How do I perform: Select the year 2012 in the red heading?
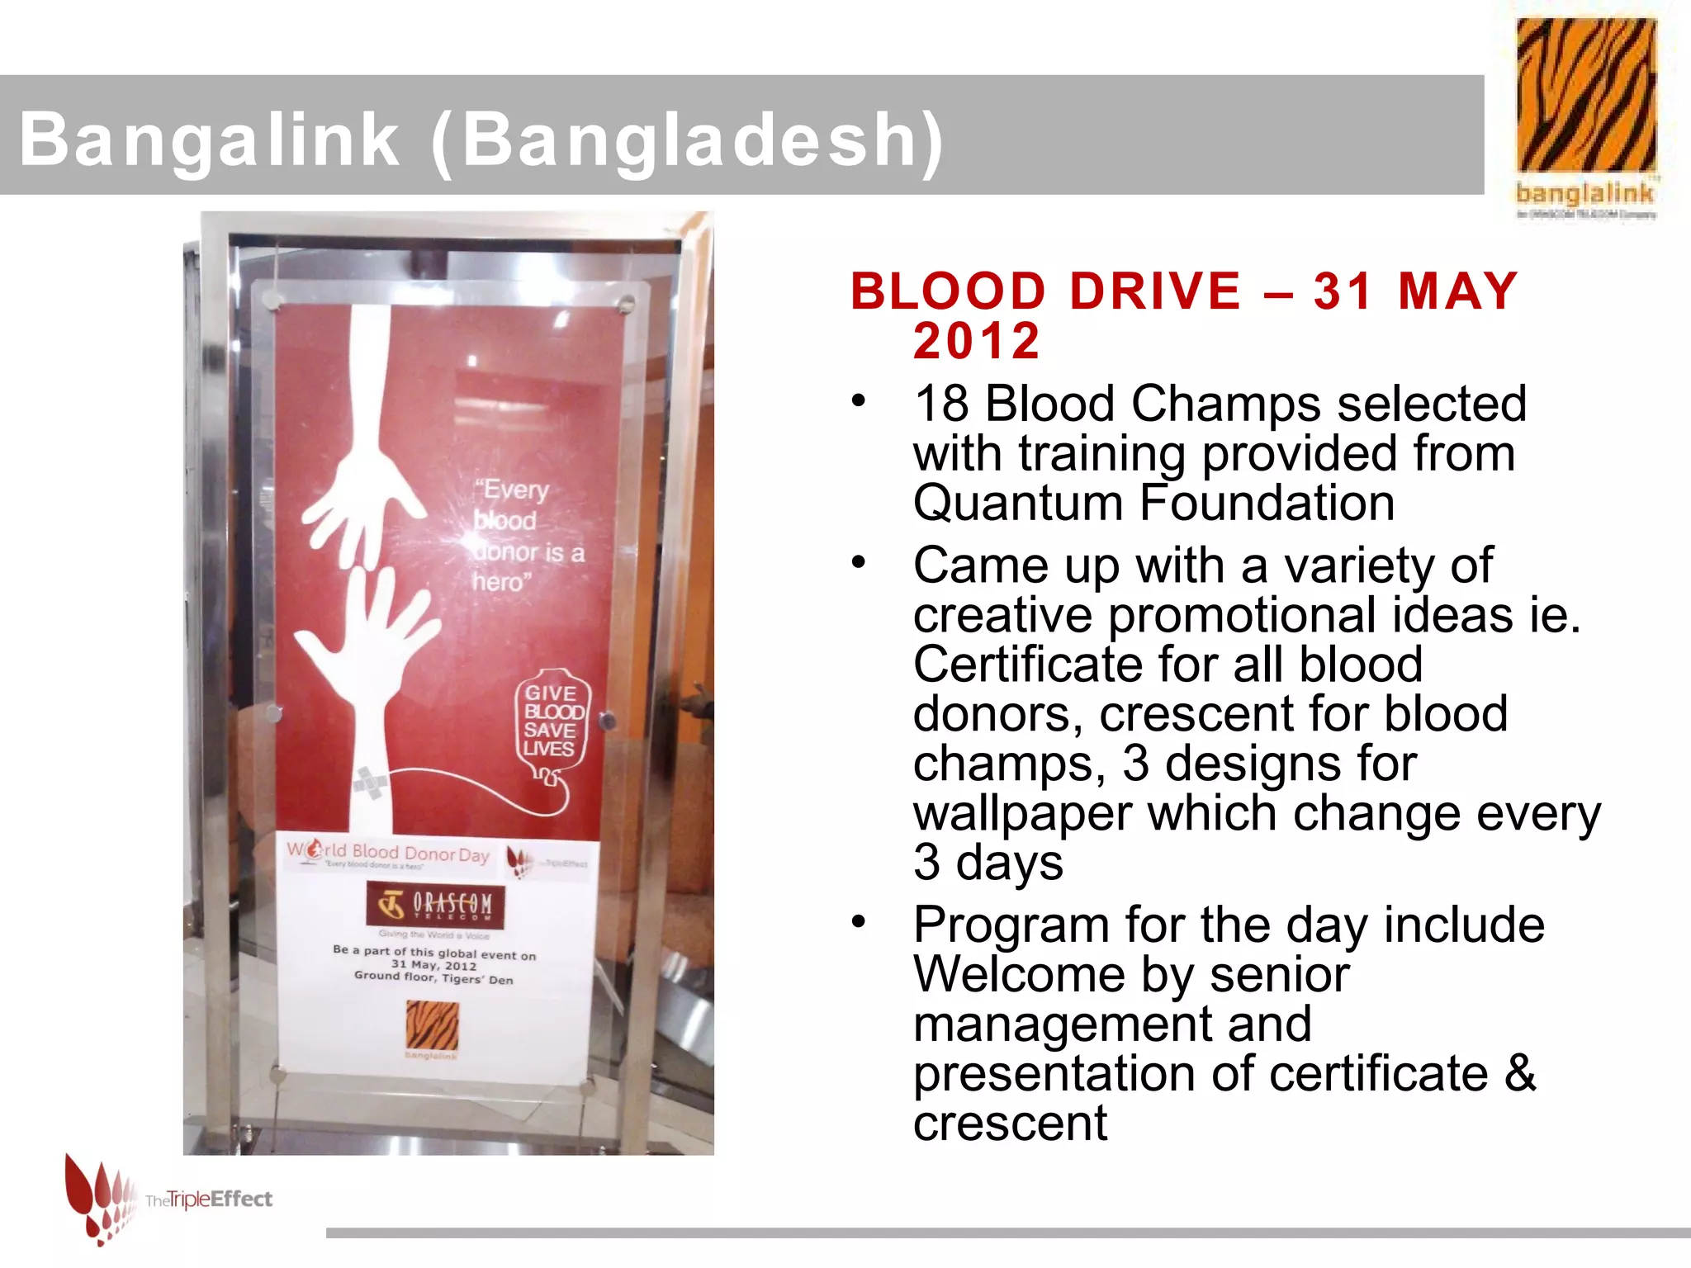[976, 341]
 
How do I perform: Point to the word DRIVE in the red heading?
[1155, 291]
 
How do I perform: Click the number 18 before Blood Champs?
[942, 404]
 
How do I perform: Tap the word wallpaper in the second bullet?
[1022, 813]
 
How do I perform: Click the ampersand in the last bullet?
[1520, 1072]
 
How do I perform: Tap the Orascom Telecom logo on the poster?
[434, 906]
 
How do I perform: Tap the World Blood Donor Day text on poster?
[388, 852]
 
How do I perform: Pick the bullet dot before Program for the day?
[860, 921]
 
